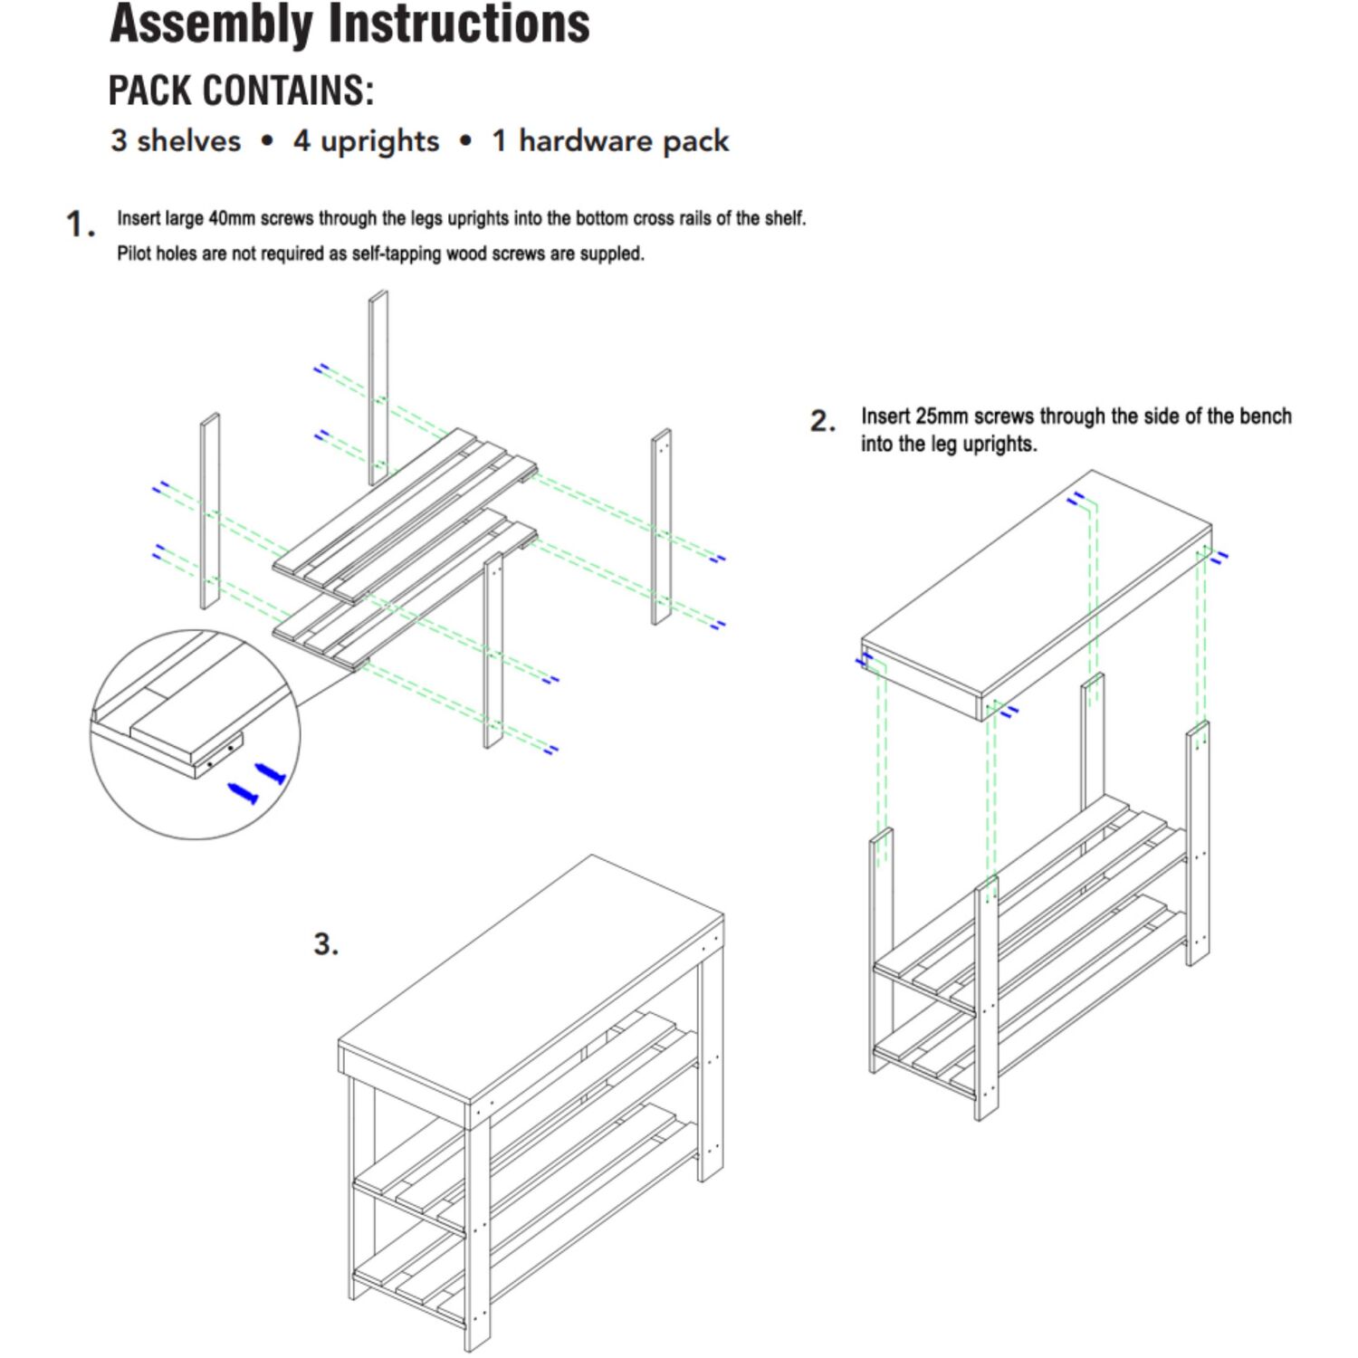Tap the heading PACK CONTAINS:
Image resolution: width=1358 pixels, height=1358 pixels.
241,91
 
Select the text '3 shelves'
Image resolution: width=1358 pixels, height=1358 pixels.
176,140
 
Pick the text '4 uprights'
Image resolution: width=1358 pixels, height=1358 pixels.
366,142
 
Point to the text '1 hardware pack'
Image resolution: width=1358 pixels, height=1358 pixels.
610,141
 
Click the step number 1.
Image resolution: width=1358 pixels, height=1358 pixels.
81,224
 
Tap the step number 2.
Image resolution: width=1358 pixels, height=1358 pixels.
823,421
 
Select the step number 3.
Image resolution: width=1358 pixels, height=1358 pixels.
326,944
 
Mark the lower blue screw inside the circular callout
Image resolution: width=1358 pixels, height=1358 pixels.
243,794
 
